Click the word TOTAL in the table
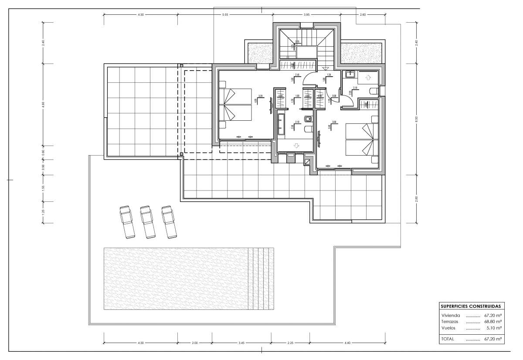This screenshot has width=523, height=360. tap(448, 339)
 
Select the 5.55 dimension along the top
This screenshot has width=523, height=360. tap(225, 15)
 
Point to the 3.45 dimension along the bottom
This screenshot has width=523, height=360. tap(241, 343)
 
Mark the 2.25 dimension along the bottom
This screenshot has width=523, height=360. tap(291, 343)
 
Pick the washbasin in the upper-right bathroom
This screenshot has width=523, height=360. tap(349, 75)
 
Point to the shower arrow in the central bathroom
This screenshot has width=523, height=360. tap(296, 145)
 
